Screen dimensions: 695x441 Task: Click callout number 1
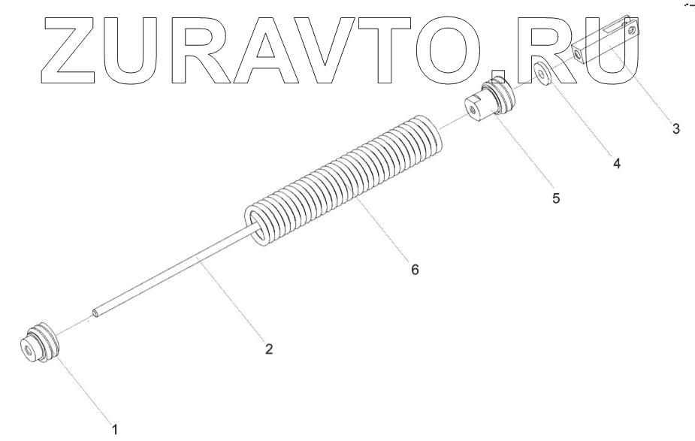(115, 430)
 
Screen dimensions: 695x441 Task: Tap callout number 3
(675, 129)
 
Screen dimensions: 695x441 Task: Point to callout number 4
(616, 163)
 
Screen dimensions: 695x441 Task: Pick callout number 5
(556, 199)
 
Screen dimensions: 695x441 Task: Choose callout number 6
(414, 269)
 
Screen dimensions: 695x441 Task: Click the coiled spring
(346, 180)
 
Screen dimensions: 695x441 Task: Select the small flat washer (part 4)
(542, 74)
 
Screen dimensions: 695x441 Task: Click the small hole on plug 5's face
(472, 111)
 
